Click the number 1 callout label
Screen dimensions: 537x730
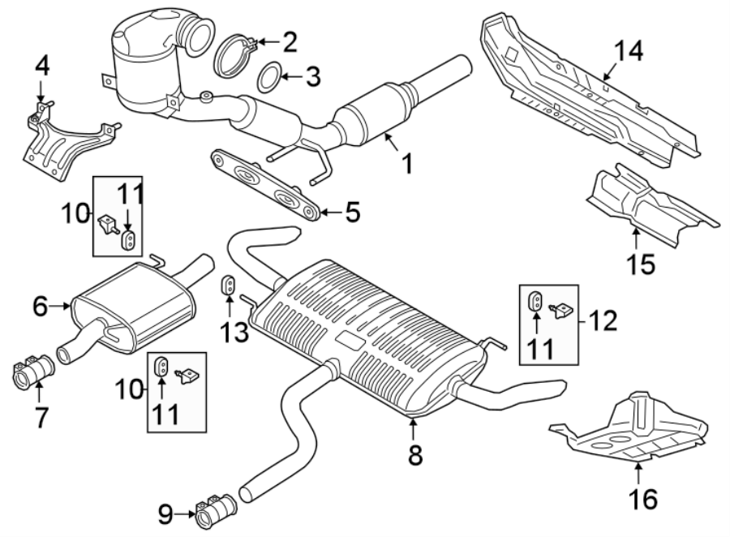(406, 165)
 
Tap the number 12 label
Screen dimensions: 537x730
(604, 320)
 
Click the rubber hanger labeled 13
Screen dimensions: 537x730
(229, 286)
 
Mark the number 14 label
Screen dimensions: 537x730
(628, 51)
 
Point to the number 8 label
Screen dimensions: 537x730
(415, 455)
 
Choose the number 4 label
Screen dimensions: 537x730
(41, 66)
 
